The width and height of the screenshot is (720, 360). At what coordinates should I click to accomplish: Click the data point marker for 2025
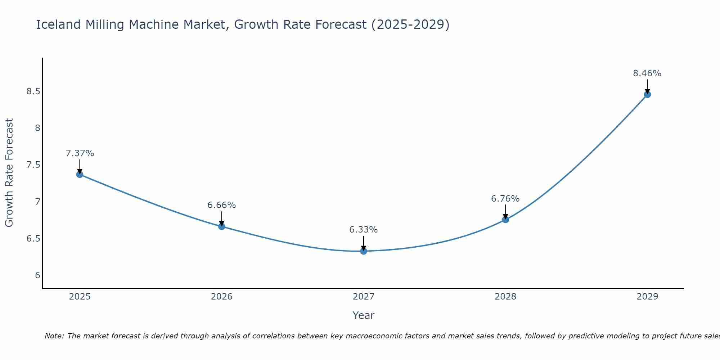tap(80, 174)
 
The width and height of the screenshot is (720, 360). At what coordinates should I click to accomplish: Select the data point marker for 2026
tap(222, 226)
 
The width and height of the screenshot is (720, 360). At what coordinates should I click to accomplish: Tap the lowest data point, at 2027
tap(364, 251)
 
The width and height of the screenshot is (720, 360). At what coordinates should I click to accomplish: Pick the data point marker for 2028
tap(505, 219)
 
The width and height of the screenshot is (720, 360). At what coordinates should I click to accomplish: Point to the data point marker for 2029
tap(647, 94)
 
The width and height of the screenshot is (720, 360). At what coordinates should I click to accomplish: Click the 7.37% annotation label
tap(80, 153)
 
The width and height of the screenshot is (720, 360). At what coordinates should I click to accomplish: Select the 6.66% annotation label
tap(222, 205)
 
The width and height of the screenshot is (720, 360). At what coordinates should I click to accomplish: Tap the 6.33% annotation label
tap(364, 230)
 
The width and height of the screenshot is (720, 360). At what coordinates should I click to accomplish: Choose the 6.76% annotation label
tap(505, 199)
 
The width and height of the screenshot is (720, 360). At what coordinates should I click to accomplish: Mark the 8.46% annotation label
tap(647, 73)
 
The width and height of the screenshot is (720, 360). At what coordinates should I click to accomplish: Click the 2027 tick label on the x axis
tap(364, 297)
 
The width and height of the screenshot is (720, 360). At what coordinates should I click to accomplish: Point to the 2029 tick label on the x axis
tap(647, 297)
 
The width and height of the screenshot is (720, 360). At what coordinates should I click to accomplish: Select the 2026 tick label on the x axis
tap(222, 297)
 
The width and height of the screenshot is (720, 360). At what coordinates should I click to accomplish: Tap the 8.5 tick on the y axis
tap(33, 91)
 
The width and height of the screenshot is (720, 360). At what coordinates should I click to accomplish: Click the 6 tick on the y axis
tap(37, 275)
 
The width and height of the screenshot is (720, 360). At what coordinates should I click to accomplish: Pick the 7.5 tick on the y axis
tap(33, 165)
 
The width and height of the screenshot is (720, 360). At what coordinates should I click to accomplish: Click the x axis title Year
tap(364, 315)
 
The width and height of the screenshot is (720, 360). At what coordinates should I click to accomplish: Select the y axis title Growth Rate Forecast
tap(9, 173)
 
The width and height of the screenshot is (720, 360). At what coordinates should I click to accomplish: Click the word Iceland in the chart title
tap(58, 24)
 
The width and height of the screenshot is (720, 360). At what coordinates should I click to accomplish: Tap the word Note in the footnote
tap(54, 336)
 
